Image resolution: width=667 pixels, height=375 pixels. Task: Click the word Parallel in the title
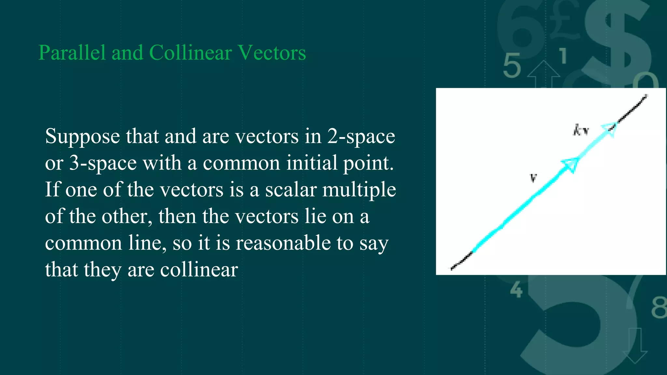72,53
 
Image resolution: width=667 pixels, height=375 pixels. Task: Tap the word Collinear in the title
190,53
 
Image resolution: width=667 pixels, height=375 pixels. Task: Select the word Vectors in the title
272,53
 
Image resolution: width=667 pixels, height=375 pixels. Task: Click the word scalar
291,190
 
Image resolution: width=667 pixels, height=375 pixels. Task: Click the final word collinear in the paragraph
199,270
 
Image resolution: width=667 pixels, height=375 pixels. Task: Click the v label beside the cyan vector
533,178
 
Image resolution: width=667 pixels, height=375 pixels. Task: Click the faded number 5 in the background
512,66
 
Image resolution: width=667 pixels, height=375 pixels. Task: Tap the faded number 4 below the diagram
517,289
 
